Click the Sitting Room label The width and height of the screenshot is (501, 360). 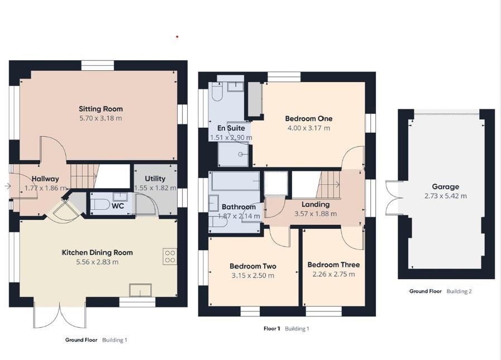coord(101,109)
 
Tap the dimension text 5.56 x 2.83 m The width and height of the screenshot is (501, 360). coord(97,262)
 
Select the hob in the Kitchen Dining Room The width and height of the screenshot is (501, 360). coord(170,256)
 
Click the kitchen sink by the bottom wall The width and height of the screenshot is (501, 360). coord(140,290)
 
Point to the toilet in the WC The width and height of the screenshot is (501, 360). coord(101,205)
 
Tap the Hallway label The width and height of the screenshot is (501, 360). coord(45,179)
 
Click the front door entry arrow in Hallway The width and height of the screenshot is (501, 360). coord(7,186)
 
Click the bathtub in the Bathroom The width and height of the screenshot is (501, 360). coord(236,181)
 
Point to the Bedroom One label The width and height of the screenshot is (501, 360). coord(308,118)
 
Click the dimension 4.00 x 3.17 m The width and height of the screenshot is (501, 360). coord(308,128)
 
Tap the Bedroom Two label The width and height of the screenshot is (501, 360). coord(253,266)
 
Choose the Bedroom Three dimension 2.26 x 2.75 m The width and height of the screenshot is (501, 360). coord(333,274)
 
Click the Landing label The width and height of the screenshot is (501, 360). coord(316,204)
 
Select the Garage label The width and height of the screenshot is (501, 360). coord(445,187)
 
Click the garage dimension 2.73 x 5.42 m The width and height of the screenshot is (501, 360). coord(445,196)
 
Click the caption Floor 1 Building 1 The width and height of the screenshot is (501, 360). coord(286,329)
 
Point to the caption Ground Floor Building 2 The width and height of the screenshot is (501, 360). coord(440,291)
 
